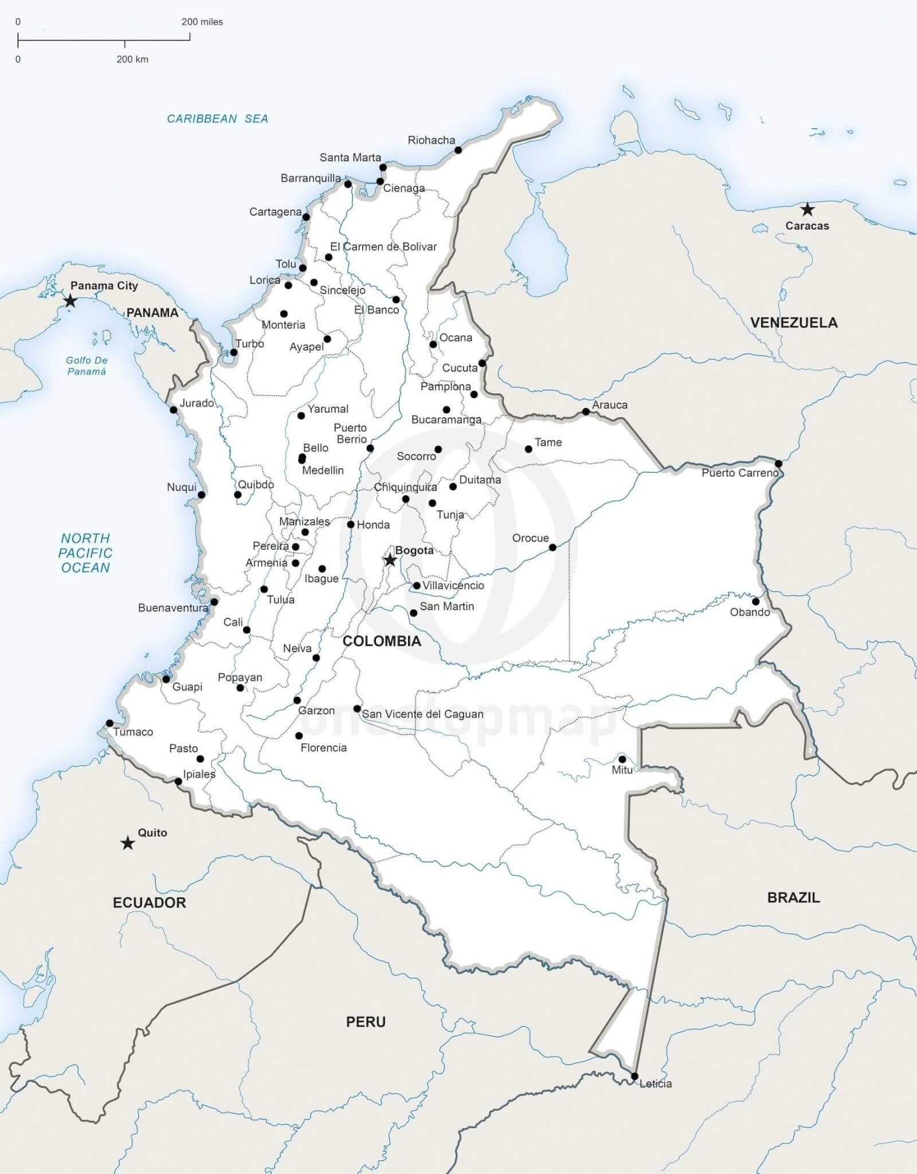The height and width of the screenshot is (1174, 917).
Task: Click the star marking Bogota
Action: click(390, 560)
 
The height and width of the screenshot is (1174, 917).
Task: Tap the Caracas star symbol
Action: click(807, 209)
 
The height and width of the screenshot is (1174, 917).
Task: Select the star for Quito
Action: click(128, 843)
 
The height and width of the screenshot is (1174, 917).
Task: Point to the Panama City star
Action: click(70, 301)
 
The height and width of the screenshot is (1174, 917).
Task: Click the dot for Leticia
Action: click(634, 1076)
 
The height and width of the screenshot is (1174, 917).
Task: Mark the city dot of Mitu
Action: click(622, 759)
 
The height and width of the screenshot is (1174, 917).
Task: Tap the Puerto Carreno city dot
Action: click(778, 463)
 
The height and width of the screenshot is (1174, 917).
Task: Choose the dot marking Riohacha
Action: click(458, 150)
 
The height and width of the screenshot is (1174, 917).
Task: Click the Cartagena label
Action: click(275, 212)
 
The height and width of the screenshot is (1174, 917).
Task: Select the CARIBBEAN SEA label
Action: click(217, 119)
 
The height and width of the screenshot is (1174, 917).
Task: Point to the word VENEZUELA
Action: click(794, 323)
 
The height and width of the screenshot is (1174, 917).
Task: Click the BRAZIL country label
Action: click(793, 898)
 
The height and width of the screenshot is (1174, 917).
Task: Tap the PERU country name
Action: click(366, 1022)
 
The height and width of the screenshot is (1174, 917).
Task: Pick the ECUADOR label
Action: click(149, 903)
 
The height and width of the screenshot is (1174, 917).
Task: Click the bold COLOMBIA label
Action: click(382, 641)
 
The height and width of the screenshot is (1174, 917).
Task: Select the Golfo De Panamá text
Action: click(87, 366)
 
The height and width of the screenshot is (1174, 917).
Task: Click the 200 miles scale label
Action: click(202, 22)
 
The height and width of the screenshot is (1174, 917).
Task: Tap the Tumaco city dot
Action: click(109, 723)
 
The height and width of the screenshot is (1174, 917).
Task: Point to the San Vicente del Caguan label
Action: click(422, 714)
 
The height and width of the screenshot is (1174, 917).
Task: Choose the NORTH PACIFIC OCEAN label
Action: click(85, 553)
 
